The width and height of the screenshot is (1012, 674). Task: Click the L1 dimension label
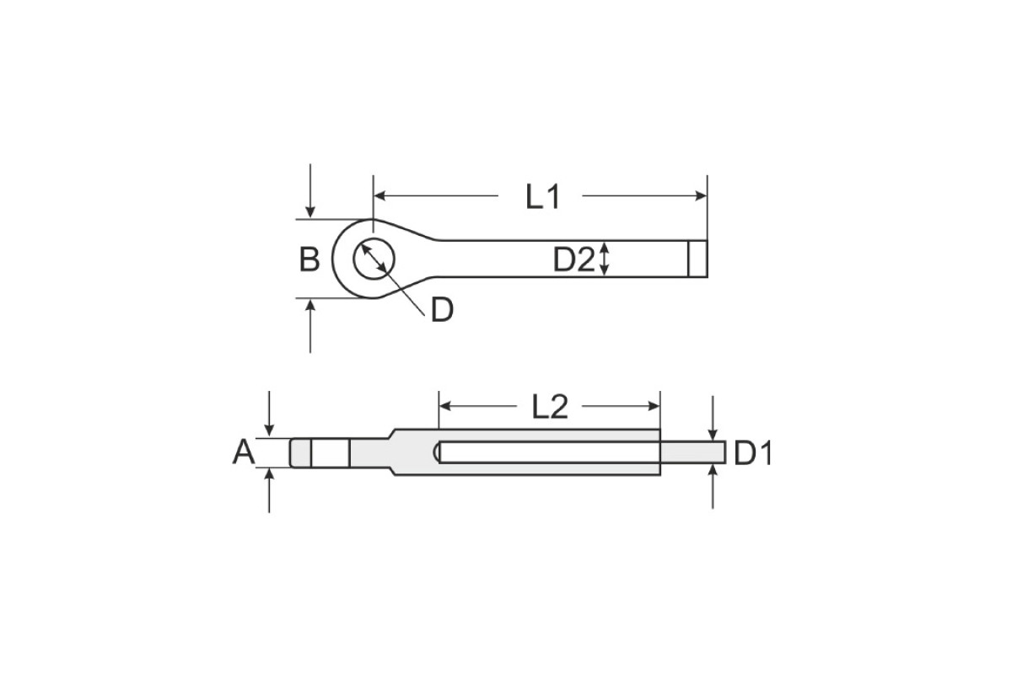coord(542,197)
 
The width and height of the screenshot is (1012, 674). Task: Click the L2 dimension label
coord(549,407)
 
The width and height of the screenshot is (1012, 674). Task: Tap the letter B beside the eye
coord(310,259)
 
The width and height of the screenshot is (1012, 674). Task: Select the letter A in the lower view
coord(244,452)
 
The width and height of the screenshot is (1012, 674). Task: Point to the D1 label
coord(752,453)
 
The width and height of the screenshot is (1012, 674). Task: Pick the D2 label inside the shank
coord(573,259)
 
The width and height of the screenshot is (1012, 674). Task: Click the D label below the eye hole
coord(442,310)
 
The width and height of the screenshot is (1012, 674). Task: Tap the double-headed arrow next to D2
coord(605,259)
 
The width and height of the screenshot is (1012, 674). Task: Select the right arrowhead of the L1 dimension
coord(701,196)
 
